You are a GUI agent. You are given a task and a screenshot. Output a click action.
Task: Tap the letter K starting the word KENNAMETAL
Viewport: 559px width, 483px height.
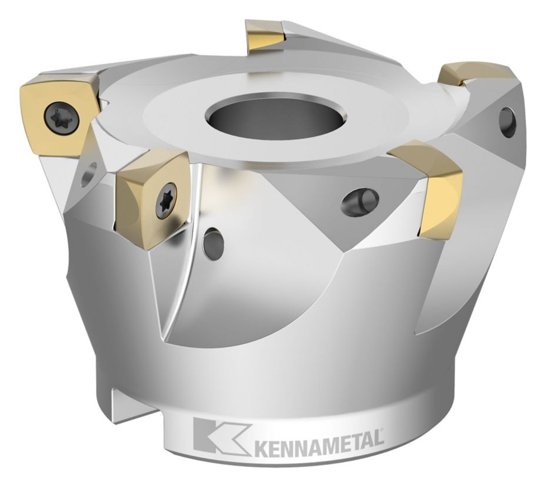tap(261, 441)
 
